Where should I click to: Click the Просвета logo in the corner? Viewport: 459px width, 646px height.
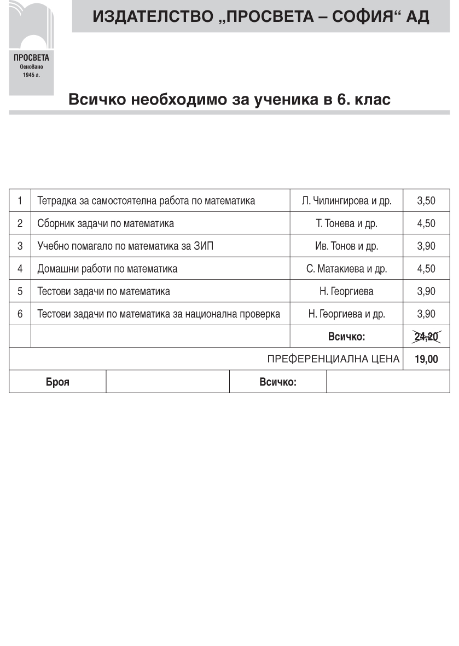(31, 48)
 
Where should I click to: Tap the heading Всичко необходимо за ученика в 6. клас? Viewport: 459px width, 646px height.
(229, 100)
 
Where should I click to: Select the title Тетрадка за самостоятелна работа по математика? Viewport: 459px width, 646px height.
(146, 201)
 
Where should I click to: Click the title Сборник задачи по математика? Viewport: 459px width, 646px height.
(106, 223)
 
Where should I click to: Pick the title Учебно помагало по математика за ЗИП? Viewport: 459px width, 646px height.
(125, 246)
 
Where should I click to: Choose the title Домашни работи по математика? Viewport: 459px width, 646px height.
(107, 269)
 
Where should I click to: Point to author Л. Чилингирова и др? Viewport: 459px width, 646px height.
(346, 201)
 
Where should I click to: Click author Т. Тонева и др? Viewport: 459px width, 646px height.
(346, 223)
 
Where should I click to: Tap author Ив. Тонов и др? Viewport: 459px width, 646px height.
(346, 246)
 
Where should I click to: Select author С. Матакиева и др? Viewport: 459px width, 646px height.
(346, 269)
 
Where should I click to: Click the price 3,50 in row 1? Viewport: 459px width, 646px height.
(426, 201)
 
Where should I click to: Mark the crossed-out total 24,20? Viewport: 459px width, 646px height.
(426, 337)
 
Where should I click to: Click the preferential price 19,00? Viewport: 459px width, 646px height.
(426, 360)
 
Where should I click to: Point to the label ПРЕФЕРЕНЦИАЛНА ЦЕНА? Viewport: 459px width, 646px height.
(333, 360)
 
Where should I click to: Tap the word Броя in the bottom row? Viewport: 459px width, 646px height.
(57, 382)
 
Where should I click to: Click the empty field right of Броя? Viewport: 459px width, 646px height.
(167, 382)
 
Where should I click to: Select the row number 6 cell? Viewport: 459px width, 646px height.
(20, 314)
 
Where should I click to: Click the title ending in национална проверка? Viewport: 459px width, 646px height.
(159, 314)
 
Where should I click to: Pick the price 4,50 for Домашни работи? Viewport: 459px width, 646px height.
(426, 269)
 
